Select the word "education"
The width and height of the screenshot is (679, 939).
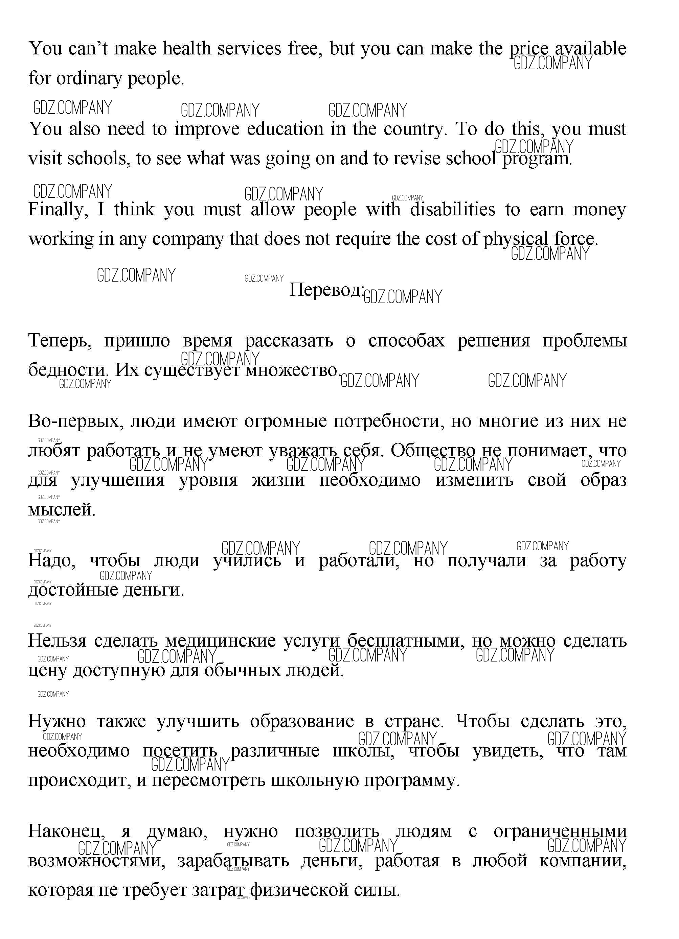[x=285, y=129]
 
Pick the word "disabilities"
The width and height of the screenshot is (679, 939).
[x=452, y=210]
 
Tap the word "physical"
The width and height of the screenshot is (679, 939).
[x=515, y=239]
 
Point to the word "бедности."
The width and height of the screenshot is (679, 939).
[x=69, y=370]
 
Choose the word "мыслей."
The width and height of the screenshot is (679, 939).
[x=62, y=509]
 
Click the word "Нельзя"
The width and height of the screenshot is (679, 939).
[x=57, y=641]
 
